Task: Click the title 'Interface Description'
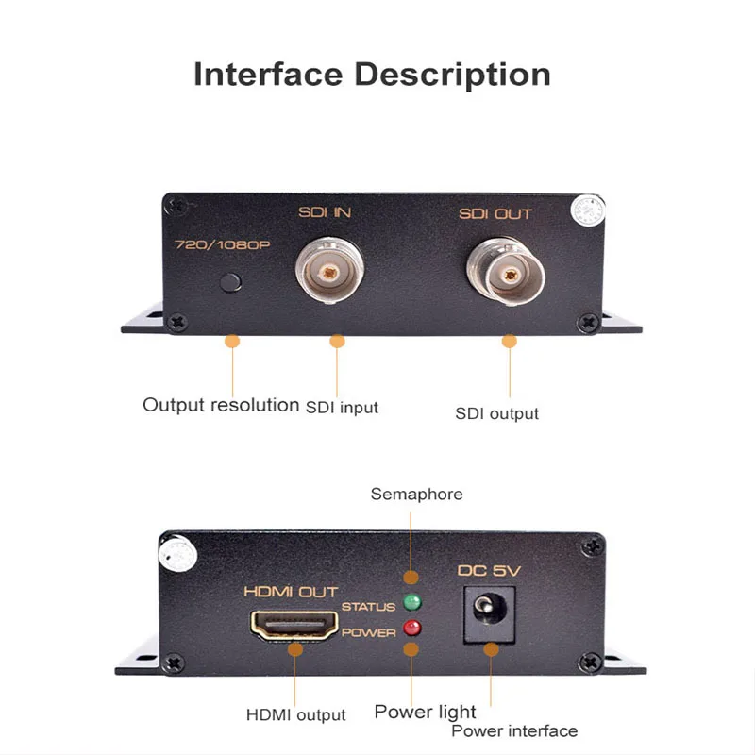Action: (372, 75)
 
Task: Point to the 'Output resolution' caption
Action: (221, 405)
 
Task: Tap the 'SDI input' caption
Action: (342, 408)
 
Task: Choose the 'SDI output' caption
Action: (496, 413)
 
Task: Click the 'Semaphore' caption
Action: (416, 494)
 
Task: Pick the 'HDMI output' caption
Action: (295, 715)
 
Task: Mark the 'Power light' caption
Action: (425, 712)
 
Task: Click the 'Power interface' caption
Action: (513, 730)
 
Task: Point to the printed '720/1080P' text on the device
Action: (222, 244)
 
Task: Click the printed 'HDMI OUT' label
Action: (291, 592)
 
